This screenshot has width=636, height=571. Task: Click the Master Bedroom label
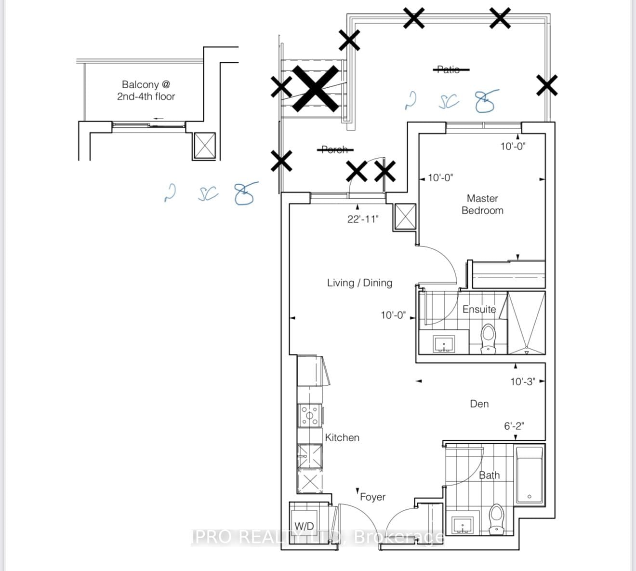482,204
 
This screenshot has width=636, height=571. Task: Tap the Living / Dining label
359,283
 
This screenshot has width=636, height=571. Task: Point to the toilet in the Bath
496,519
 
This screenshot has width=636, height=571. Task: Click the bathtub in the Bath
529,475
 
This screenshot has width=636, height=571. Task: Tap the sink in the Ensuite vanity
443,344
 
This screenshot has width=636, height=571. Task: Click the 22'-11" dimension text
363,219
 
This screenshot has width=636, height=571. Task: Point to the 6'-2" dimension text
514,426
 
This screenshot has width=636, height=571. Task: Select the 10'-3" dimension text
523,381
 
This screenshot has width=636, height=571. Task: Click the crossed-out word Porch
334,150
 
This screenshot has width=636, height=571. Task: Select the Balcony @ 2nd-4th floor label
146,91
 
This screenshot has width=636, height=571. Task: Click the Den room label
479,404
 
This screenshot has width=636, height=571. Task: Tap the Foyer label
372,497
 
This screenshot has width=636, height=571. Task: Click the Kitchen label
342,437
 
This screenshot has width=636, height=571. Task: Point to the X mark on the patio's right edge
547,85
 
